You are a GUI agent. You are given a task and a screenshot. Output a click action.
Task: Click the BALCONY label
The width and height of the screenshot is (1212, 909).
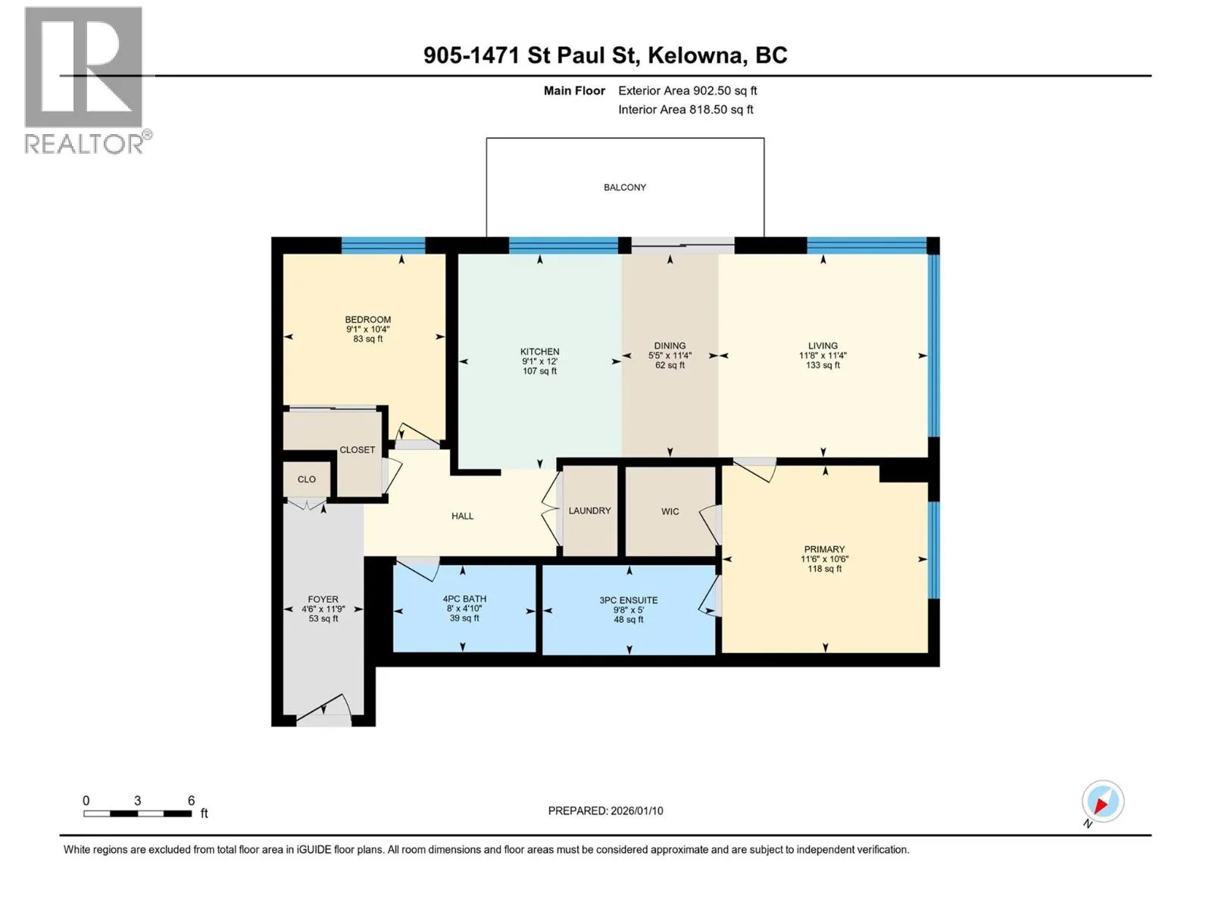pyautogui.click(x=624, y=187)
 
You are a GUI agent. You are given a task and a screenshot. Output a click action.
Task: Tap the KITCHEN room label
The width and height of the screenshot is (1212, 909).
pyautogui.click(x=539, y=351)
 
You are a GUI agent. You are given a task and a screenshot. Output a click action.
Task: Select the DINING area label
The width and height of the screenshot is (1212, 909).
pyautogui.click(x=670, y=346)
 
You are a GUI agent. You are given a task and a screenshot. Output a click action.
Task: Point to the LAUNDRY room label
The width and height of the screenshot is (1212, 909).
pyautogui.click(x=589, y=511)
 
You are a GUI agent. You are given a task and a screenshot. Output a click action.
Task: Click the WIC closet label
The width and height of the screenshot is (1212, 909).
pyautogui.click(x=670, y=511)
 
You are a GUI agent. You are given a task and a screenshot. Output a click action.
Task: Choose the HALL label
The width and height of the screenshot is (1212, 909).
pyautogui.click(x=462, y=516)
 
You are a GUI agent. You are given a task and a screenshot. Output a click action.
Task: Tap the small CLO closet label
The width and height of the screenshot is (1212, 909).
pyautogui.click(x=307, y=479)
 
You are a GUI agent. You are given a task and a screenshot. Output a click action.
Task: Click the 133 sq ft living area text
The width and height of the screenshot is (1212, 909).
pyautogui.click(x=823, y=365)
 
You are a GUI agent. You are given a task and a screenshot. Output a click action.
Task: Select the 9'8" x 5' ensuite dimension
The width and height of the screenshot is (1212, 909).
pyautogui.click(x=629, y=610)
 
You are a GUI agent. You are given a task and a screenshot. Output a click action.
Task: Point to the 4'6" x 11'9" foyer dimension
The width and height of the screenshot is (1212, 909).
pyautogui.click(x=323, y=609)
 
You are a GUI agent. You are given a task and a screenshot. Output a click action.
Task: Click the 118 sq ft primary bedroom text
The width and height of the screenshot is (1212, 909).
pyautogui.click(x=824, y=568)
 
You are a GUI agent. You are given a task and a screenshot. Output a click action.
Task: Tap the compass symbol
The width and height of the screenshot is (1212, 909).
pyautogui.click(x=1103, y=801)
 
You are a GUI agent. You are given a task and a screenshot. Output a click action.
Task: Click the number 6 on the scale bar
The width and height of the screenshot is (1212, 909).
pyautogui.click(x=191, y=800)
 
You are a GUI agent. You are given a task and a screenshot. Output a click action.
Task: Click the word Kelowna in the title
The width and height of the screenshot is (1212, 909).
pyautogui.click(x=694, y=55)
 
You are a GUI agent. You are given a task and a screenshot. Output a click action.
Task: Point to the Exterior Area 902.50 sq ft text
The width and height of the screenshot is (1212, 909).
pyautogui.click(x=688, y=90)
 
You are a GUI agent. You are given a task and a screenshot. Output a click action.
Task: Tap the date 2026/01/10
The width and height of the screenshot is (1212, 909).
pyautogui.click(x=636, y=811)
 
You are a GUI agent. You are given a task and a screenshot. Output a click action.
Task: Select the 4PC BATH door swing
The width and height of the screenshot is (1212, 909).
pyautogui.click(x=418, y=567)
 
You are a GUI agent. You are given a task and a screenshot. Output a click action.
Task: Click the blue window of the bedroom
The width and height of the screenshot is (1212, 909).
pyautogui.click(x=383, y=245)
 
